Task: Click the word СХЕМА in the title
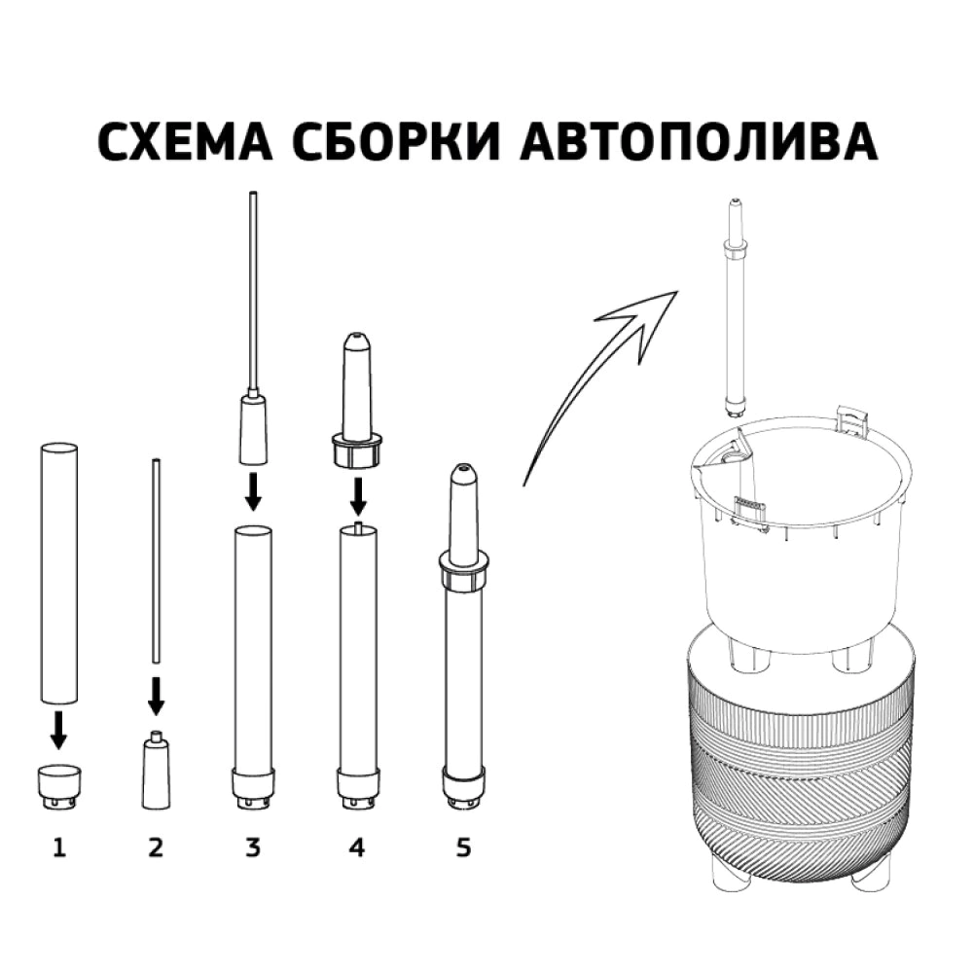tap(191, 142)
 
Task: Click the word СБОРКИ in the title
tap(404, 142)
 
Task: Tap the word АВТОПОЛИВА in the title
tap(700, 142)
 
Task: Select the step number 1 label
tap(58, 848)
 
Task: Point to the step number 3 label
tap(253, 848)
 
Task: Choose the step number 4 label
tap(357, 848)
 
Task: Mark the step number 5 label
tap(463, 848)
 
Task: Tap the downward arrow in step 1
tap(58, 730)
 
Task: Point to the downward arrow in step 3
tap(253, 491)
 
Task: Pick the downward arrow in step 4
tap(357, 494)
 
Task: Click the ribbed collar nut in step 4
tap(357, 452)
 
